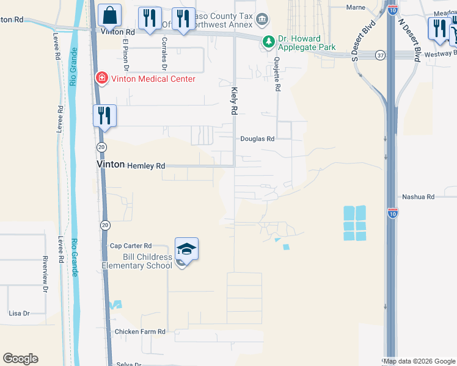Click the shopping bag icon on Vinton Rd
pos(109,15)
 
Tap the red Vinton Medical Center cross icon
pos(101,78)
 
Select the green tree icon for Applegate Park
pos(268,41)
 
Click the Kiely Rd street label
pos(233,101)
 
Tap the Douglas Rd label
pos(257,139)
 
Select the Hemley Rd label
pos(146,165)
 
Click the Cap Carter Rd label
pos(131,246)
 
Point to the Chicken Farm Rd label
pos(140,332)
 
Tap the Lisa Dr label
pos(19,314)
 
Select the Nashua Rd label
pos(418,197)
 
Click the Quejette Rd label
pos(277,74)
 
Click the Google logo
pos(20,359)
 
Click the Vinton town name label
pos(111,165)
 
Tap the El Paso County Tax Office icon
pos(262,19)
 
